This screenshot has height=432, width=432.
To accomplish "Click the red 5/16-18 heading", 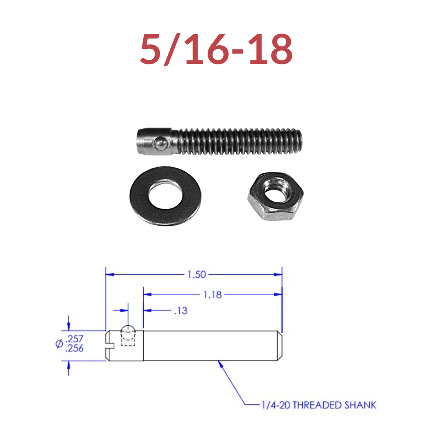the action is click(x=216, y=50).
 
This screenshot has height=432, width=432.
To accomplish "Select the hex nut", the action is click(x=275, y=197).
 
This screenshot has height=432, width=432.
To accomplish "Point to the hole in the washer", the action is click(x=165, y=194).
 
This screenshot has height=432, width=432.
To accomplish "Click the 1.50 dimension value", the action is click(x=196, y=274).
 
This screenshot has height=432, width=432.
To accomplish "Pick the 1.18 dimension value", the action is click(x=212, y=295).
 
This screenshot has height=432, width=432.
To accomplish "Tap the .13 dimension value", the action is click(x=181, y=311).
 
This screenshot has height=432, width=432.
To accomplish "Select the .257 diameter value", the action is click(x=74, y=339).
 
